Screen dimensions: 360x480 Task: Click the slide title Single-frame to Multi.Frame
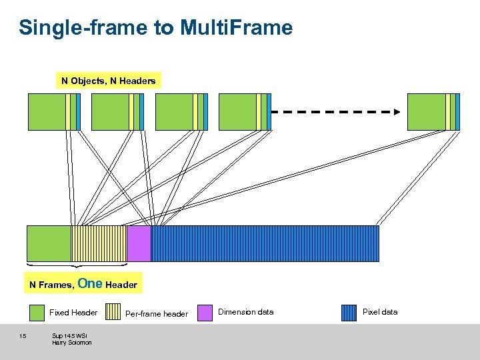coord(155,28)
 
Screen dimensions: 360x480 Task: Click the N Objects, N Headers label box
coord(108,81)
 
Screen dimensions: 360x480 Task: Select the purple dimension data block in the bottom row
coord(139,243)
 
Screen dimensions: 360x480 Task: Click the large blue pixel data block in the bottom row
coord(265,243)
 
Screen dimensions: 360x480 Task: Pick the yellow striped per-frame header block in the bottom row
coord(99,243)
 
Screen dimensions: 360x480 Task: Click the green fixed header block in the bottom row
coord(49,243)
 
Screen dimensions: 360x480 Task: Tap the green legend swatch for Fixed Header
coord(37,313)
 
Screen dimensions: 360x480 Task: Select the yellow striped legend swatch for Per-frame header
coord(113,313)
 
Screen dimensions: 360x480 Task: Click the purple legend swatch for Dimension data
coord(206,313)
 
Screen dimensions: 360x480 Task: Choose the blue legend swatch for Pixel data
coord(349,313)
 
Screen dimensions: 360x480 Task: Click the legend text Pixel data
coord(380,312)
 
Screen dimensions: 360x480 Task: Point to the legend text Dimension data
coord(245,312)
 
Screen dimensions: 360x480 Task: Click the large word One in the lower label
coord(90,283)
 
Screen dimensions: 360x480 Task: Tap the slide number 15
coord(23,335)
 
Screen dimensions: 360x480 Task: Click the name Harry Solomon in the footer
coord(72,343)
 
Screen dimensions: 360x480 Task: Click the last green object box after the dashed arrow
coord(426,111)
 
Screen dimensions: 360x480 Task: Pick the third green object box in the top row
coord(174,111)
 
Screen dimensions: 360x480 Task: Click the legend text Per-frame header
coord(157,313)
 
